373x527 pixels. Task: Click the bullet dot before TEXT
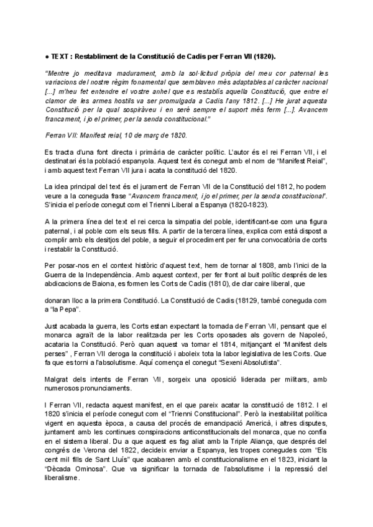(x=48, y=55)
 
